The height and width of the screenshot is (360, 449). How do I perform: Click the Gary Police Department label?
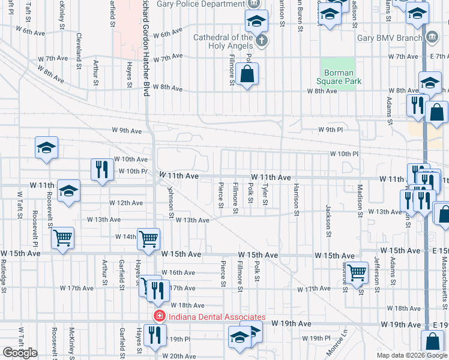point(200,4)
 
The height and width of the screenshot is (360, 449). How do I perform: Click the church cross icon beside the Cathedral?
point(261,41)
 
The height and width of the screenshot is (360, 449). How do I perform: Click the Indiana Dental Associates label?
point(217,317)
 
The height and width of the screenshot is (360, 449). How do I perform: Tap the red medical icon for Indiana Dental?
point(160,317)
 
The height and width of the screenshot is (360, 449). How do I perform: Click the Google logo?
point(20,353)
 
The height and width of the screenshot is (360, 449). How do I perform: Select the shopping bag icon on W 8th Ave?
point(247,76)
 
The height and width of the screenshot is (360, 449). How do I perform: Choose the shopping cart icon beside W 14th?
point(148,239)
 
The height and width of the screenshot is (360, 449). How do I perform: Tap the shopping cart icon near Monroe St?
point(357,272)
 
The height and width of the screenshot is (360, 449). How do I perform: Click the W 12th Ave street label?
point(126,203)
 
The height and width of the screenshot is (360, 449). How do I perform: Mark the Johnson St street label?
point(171,202)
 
